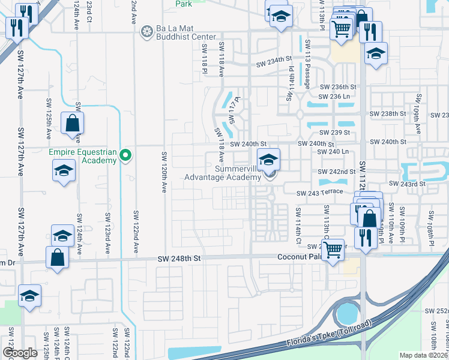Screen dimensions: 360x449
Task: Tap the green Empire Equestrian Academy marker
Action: point(125,155)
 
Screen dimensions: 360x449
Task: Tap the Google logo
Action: point(20,353)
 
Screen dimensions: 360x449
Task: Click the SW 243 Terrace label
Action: point(319,192)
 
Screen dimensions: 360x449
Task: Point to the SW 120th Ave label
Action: point(163,172)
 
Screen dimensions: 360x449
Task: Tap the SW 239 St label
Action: point(335,133)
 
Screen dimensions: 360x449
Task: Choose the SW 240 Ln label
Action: point(335,152)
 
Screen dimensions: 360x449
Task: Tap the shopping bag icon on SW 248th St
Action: point(56,256)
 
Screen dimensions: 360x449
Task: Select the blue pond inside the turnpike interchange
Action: point(346,313)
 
